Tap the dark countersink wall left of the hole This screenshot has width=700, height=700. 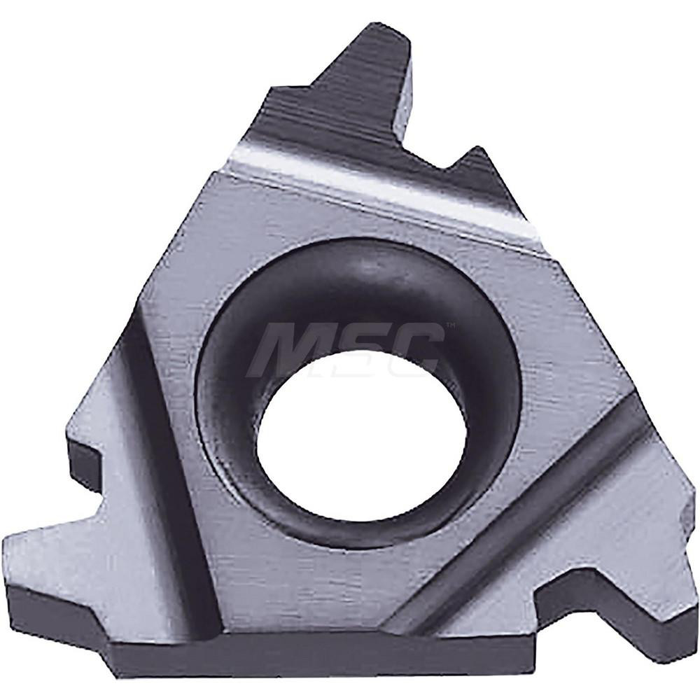[x=224, y=392]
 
